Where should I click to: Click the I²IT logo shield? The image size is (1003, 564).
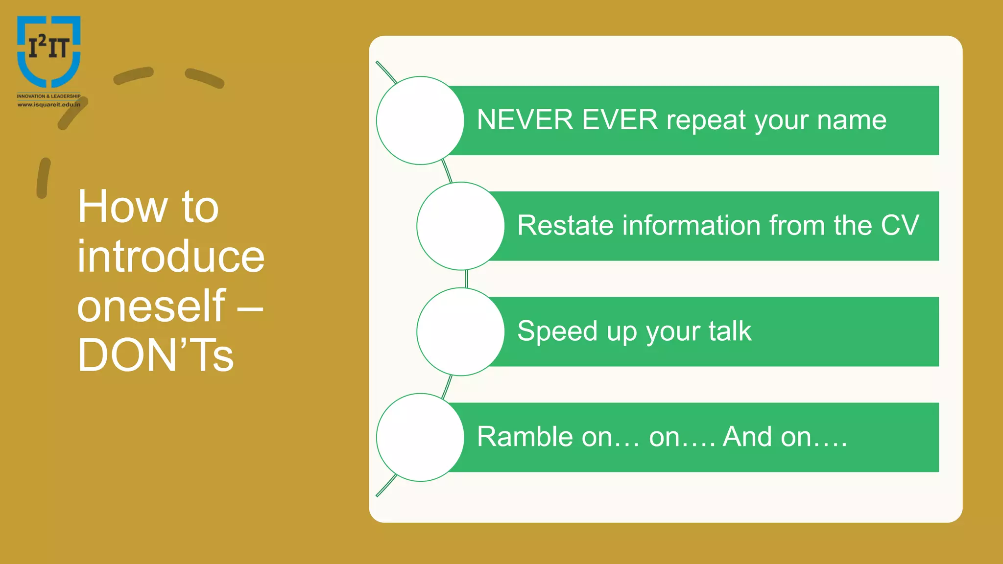click(48, 51)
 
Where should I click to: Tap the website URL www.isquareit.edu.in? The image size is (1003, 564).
click(48, 104)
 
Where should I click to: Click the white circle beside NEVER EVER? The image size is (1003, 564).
click(420, 120)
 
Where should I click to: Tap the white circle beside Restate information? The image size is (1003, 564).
click(460, 226)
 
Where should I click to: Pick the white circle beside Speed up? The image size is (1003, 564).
click(460, 331)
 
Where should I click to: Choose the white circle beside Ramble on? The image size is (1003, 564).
click(420, 437)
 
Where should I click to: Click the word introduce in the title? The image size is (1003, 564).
click(170, 256)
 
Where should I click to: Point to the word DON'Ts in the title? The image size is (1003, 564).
click(155, 355)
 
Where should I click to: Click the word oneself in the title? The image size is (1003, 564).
click(151, 305)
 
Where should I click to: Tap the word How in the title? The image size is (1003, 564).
click(122, 207)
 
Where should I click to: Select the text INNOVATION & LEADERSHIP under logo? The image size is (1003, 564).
click(48, 96)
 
